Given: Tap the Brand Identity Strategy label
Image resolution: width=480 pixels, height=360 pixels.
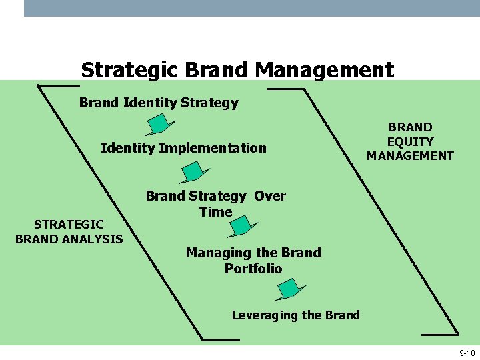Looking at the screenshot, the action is [x=159, y=103].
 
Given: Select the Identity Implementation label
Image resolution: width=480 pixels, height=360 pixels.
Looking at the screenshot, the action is [x=183, y=148].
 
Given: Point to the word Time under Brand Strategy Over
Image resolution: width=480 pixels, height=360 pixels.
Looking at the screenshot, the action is [x=215, y=212].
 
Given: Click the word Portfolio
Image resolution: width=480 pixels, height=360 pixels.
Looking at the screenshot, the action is [x=253, y=269].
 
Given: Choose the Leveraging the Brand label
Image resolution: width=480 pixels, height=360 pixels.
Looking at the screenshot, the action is [x=295, y=315].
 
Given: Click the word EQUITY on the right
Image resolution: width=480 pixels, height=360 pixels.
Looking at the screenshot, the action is [x=410, y=141].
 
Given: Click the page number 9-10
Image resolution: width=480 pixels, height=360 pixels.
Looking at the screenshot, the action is [x=466, y=353].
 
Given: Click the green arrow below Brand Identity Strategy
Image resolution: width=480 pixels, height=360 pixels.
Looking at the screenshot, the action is [x=160, y=124].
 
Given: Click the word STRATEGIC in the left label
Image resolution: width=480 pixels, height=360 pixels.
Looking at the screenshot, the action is [x=69, y=225].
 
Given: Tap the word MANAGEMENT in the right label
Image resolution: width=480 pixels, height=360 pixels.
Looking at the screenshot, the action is [x=410, y=156].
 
